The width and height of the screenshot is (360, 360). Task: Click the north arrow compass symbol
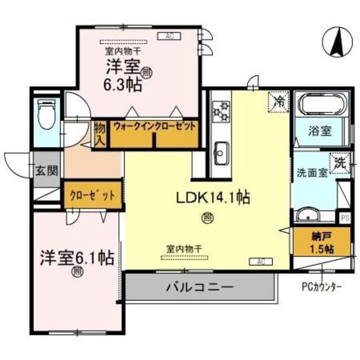pos(340,44)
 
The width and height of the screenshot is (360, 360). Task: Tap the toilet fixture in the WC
pos(45,115)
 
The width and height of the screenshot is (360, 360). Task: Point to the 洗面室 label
pos(312,173)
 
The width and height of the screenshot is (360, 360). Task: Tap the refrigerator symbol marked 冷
pos(278,101)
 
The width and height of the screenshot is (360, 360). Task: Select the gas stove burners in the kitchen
pos(220,110)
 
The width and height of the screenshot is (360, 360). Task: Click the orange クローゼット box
pos(92,195)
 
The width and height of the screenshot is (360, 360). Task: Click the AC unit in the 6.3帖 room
pos(169,37)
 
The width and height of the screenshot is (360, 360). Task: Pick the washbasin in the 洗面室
pos(308,217)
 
